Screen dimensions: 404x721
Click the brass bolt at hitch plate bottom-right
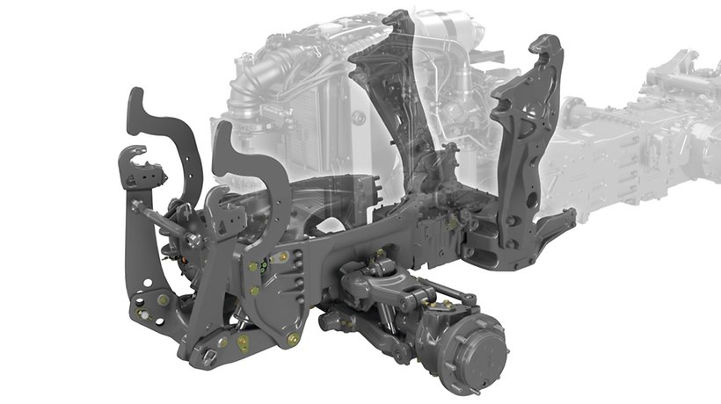point(294,337)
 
